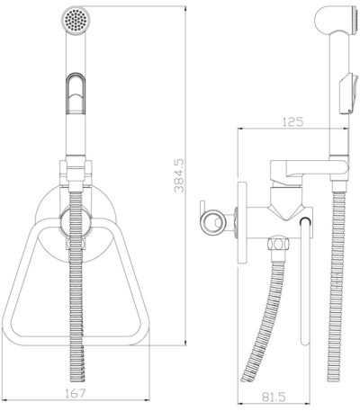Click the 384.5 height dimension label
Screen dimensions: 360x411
179,176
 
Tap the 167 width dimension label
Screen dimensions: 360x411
76,393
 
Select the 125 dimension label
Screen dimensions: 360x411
292,121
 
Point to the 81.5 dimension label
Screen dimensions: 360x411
274,398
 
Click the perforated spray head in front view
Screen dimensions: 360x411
76,21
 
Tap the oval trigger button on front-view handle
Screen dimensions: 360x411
76,94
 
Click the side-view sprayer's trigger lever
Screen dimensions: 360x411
349,94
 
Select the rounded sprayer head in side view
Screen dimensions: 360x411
336,21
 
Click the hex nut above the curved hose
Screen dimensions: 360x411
278,244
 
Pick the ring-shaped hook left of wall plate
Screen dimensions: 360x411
212,222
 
